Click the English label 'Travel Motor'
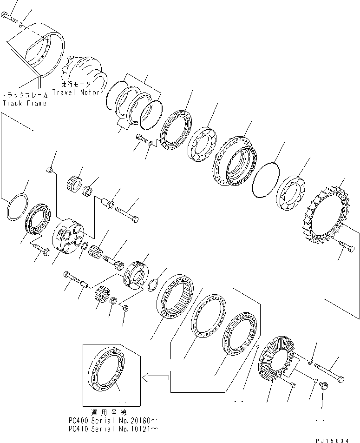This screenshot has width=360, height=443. [x=76, y=93]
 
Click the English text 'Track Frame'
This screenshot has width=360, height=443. [x=25, y=103]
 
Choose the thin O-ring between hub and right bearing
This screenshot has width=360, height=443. [x=265, y=180]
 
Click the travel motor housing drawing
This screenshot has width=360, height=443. [x=84, y=70]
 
